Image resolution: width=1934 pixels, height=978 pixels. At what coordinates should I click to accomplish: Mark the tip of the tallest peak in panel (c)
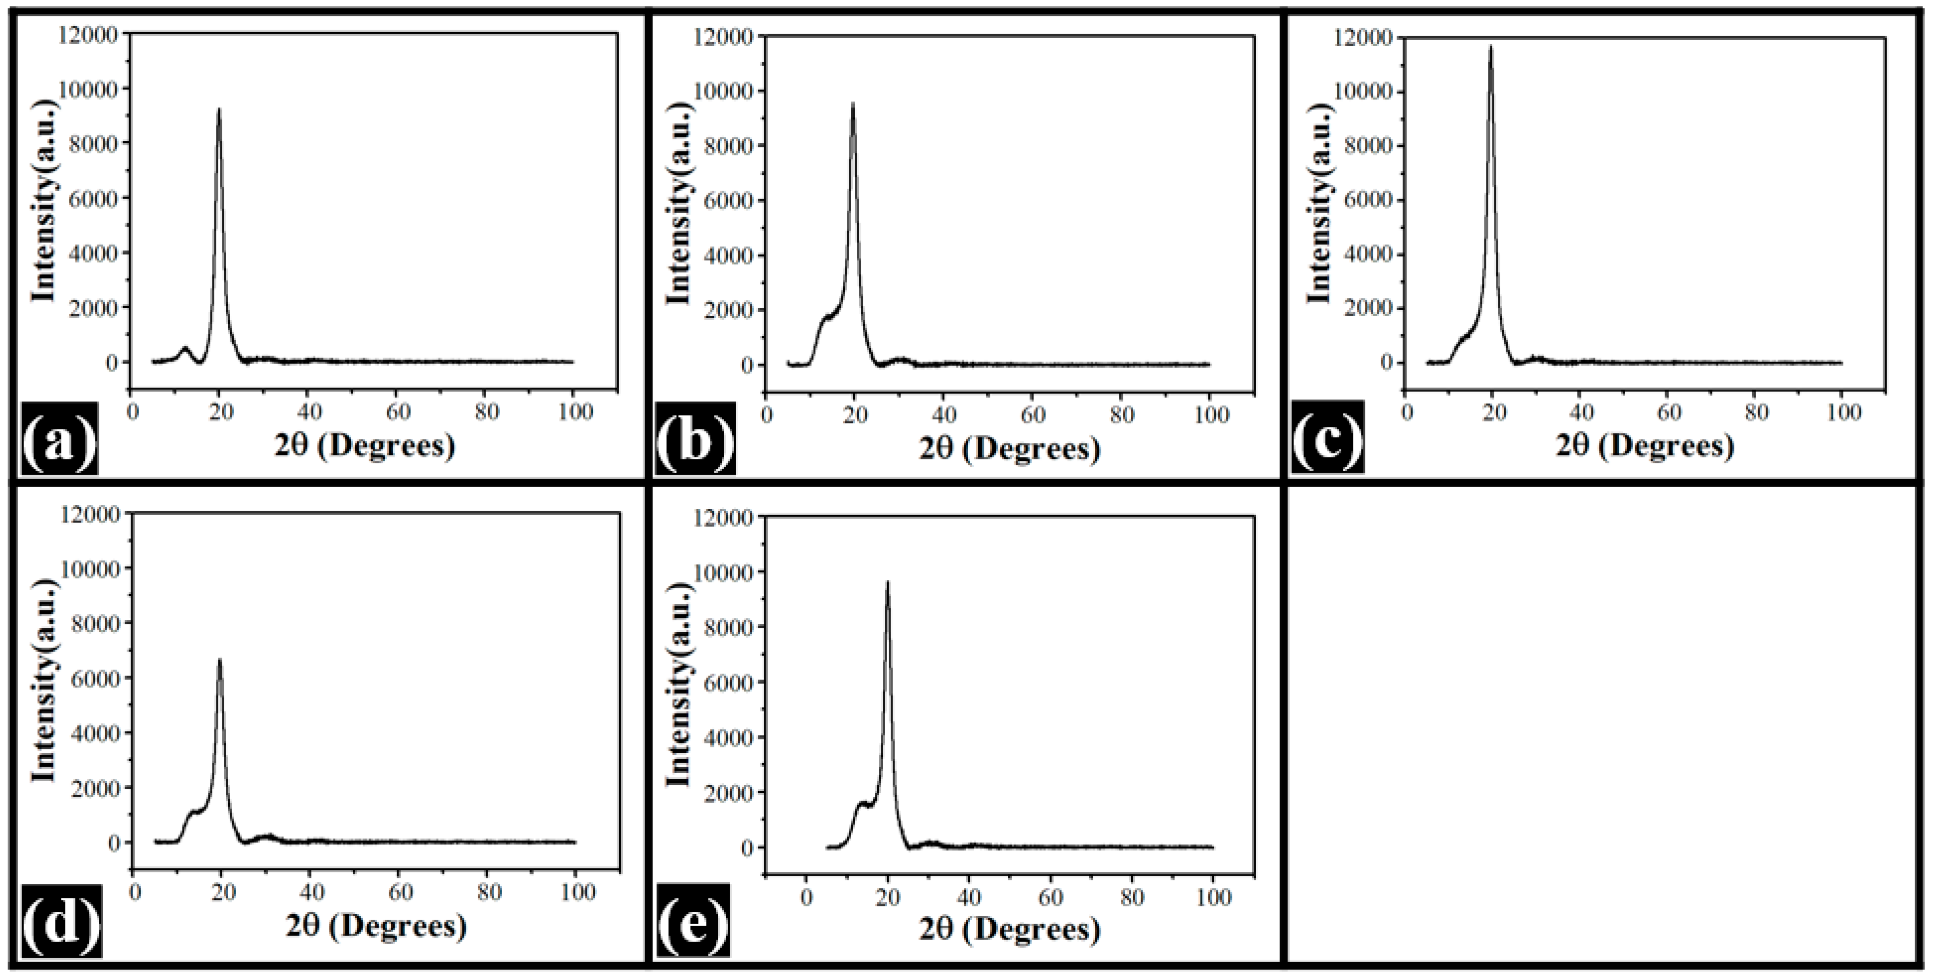pos(1490,46)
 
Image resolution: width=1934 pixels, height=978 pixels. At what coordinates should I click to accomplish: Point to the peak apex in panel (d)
pos(220,660)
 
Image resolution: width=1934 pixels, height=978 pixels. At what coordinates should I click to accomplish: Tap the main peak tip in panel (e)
pos(887,582)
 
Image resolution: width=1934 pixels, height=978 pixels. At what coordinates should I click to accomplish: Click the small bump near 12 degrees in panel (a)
pos(185,348)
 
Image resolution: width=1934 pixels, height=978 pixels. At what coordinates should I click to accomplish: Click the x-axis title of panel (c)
pos(1644,447)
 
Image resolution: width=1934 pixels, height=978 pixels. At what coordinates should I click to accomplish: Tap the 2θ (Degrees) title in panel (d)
pos(375,926)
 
